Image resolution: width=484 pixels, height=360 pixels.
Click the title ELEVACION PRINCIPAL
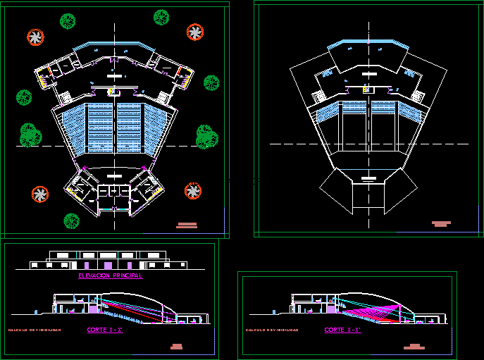click(111, 276)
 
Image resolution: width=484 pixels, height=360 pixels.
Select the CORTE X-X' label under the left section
click(105, 330)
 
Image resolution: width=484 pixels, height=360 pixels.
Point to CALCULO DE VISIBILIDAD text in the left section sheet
click(34, 330)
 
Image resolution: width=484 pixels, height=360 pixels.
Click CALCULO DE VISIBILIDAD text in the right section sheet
click(271, 330)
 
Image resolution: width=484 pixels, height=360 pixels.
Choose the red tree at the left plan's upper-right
click(194, 32)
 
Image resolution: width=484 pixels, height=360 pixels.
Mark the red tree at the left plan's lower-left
click(40, 194)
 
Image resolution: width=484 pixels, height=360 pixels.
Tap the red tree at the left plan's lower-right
click(192, 190)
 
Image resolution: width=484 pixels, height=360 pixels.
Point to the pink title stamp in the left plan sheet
click(187, 225)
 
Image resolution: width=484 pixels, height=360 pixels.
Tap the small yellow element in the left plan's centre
click(111, 91)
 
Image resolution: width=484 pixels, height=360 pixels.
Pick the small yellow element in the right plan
click(365, 89)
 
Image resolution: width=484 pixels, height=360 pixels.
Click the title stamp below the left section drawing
click(176, 346)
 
